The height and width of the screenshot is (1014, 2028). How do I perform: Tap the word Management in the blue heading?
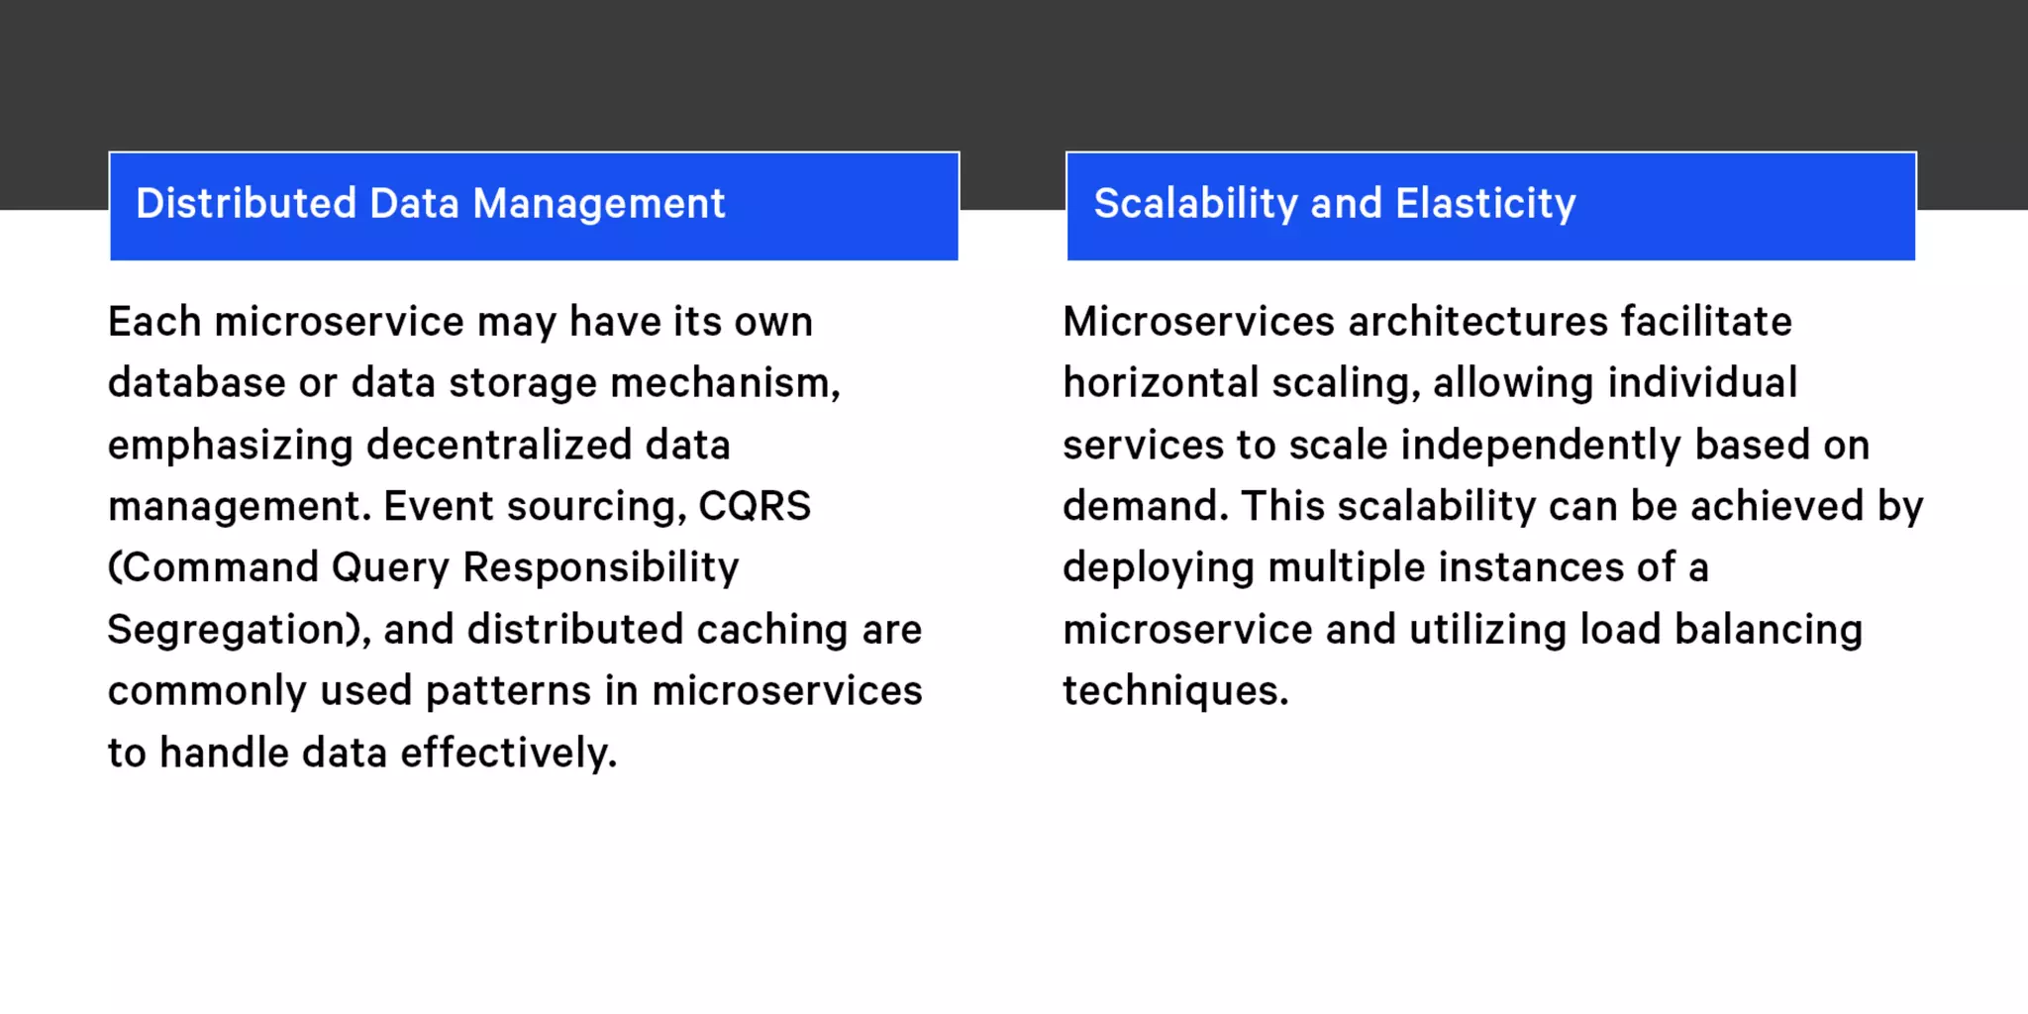click(x=599, y=204)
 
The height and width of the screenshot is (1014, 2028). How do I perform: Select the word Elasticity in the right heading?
click(x=1485, y=204)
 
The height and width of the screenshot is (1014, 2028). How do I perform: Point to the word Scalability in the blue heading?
click(x=1195, y=204)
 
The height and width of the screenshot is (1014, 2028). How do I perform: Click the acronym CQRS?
click(x=755, y=506)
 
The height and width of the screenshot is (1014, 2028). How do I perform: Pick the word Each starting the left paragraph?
click(x=154, y=322)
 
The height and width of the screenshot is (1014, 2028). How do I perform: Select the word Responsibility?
click(x=601, y=568)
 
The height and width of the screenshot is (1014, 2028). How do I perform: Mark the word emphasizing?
click(x=231, y=446)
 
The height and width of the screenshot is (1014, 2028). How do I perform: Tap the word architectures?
click(x=1477, y=322)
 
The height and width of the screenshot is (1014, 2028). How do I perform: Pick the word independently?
click(x=1541, y=446)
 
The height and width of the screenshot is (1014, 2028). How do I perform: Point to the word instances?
click(x=1531, y=568)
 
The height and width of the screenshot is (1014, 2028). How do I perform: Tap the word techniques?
click(x=1175, y=691)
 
